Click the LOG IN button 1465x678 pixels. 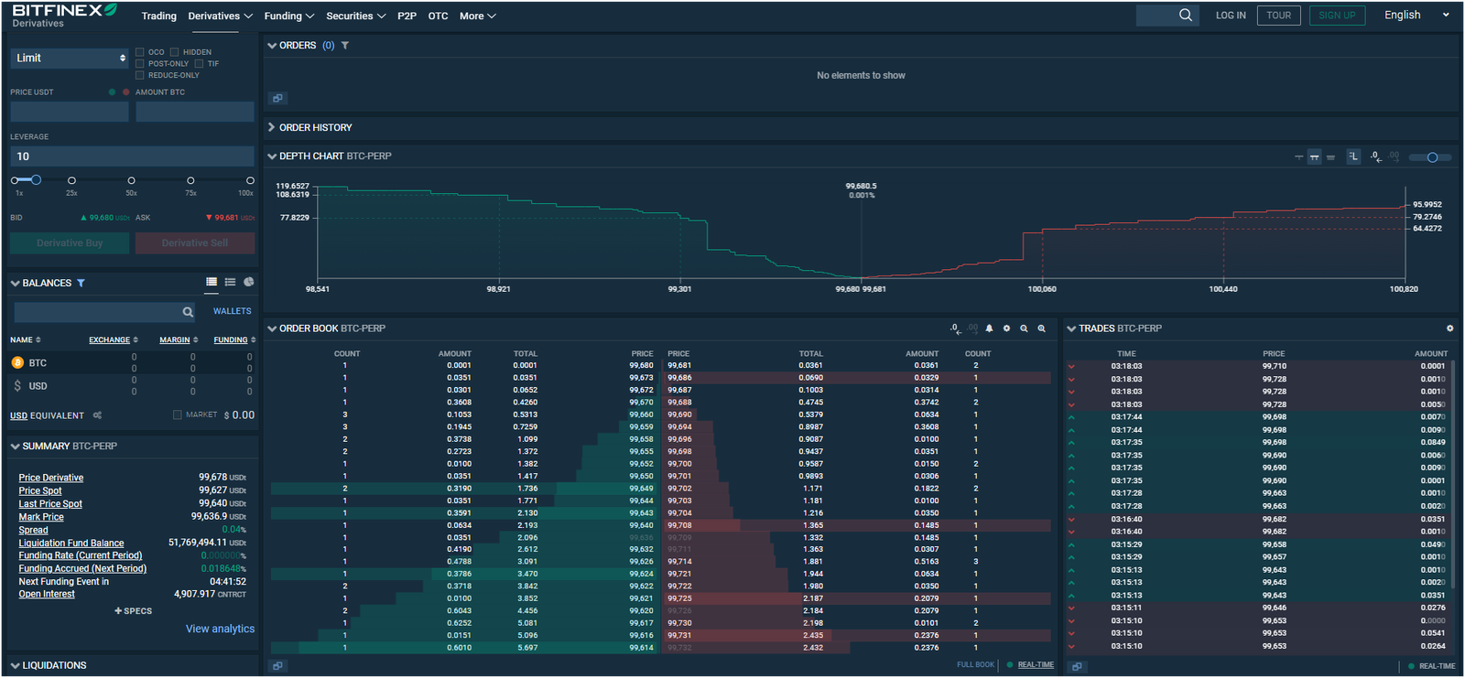(x=1230, y=16)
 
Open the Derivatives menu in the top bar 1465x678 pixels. (x=220, y=16)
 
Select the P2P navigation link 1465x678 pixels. (x=407, y=16)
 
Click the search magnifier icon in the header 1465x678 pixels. (x=1186, y=15)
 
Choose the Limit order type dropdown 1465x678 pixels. (x=70, y=58)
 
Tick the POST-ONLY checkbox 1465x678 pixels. (x=140, y=64)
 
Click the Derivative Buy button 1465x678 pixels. (x=70, y=243)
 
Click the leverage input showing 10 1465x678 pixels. (x=132, y=156)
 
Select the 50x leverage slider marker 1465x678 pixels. (x=131, y=180)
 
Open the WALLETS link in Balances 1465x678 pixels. (x=232, y=311)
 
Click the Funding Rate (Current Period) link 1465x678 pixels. (x=81, y=555)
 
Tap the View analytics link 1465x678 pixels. (x=220, y=629)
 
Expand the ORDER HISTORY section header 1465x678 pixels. (x=315, y=127)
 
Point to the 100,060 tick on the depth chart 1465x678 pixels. (x=1042, y=289)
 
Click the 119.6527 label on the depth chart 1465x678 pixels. (x=293, y=186)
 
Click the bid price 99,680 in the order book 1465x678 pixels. (x=641, y=365)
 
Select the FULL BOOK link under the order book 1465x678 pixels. (x=975, y=665)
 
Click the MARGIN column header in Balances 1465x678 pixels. (x=175, y=340)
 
